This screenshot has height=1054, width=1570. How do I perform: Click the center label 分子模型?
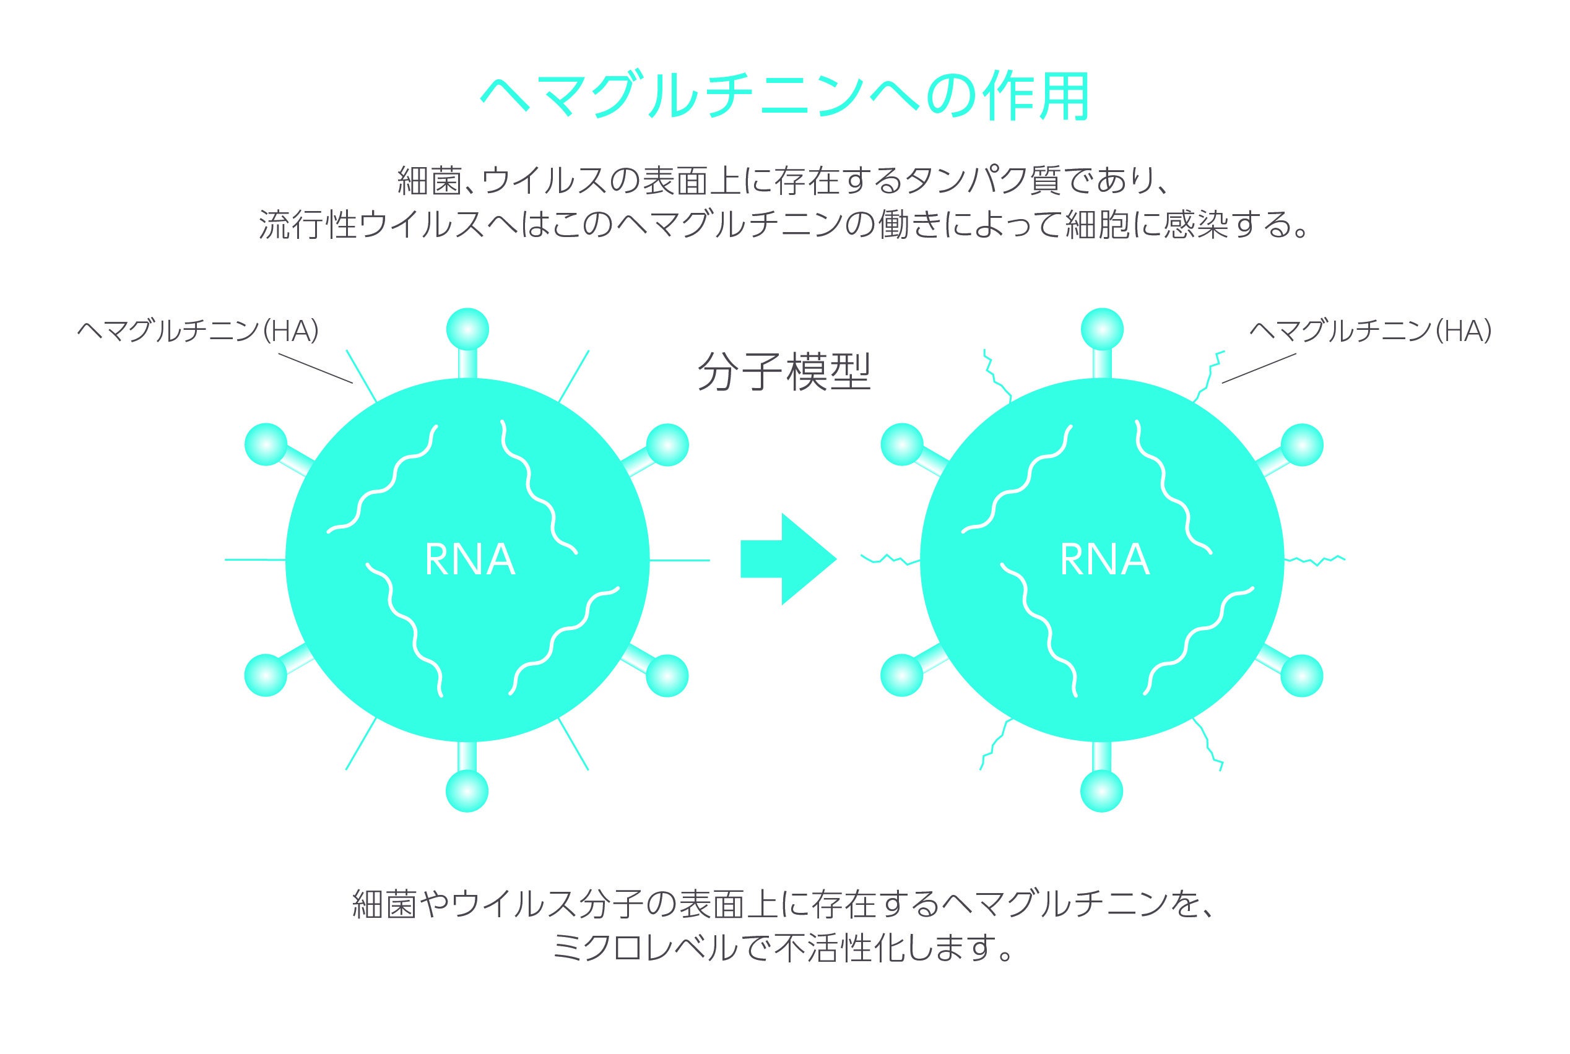click(784, 372)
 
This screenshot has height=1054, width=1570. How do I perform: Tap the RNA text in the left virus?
click(470, 560)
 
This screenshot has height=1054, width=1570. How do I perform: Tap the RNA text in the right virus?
click(1104, 560)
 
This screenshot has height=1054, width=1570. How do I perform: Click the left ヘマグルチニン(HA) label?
click(197, 330)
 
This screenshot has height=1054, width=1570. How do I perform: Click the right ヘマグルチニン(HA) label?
click(1370, 330)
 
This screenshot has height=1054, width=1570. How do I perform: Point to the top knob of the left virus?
click(467, 329)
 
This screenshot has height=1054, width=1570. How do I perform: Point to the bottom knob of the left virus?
click(467, 791)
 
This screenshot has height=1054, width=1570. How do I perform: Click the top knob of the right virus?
click(1102, 329)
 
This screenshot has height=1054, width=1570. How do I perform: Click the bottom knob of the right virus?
click(1102, 791)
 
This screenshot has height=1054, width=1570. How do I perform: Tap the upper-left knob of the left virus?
click(266, 444)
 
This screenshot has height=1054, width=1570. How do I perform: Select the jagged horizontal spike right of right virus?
click(1314, 559)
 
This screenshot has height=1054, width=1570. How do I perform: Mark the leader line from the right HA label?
click(1258, 368)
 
